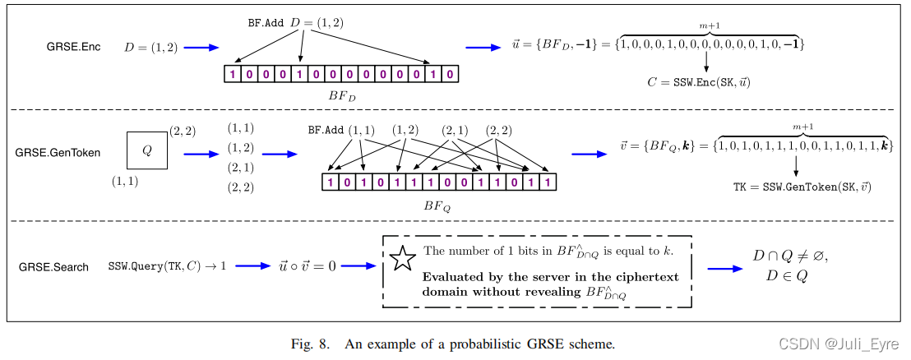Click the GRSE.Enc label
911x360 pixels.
73,47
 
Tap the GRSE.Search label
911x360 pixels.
53,267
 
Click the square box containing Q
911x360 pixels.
147,150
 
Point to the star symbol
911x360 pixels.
403,260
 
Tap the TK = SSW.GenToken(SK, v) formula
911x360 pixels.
802,188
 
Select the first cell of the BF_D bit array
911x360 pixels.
232,75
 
